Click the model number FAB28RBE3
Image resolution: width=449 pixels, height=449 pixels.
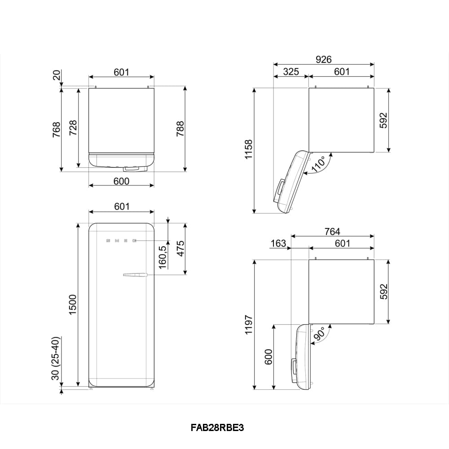point(217,427)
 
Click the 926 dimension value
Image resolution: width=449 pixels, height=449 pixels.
point(324,59)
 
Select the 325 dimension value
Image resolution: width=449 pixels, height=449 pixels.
point(291,71)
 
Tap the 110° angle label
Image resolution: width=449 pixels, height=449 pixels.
point(319,164)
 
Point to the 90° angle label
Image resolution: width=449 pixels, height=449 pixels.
point(320,334)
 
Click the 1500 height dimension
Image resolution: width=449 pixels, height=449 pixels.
point(73,304)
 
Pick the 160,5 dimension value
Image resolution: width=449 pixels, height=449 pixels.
point(163,257)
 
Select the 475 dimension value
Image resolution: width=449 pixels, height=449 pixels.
point(180,249)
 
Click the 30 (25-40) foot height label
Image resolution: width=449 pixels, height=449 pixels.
point(56,358)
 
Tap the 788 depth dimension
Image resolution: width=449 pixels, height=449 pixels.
point(180,128)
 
